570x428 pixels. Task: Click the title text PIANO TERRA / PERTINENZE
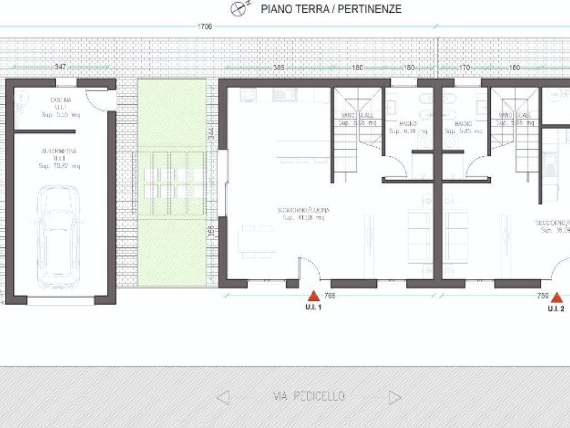[331, 9]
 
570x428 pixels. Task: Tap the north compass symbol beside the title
[239, 8]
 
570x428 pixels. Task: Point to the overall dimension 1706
[205, 26]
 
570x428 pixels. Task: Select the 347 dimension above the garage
[61, 67]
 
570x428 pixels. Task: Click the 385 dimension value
[279, 67]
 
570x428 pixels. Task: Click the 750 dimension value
[543, 295]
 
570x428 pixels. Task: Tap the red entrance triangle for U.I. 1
[314, 296]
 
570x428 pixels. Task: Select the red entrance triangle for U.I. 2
[556, 298]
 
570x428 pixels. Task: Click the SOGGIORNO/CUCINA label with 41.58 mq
[304, 213]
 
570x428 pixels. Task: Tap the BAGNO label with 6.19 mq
[409, 127]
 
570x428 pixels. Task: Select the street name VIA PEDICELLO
[309, 397]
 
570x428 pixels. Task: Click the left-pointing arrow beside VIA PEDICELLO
[223, 397]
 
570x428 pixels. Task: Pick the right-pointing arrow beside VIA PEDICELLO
[395, 397]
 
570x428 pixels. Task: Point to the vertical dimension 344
[212, 134]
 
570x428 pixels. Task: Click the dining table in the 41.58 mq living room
[257, 239]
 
